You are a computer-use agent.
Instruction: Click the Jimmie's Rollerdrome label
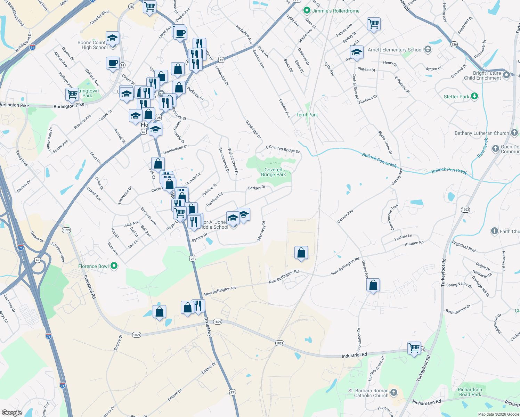click(335, 11)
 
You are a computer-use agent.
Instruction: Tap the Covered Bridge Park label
click(274, 172)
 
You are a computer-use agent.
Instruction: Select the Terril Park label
click(307, 115)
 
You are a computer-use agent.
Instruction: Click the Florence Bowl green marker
click(114, 266)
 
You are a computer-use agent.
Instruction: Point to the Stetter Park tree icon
click(474, 96)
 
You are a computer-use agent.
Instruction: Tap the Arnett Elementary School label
click(395, 50)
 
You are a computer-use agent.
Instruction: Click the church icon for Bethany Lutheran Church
click(514, 133)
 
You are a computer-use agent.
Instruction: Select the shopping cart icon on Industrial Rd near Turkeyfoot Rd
click(414, 348)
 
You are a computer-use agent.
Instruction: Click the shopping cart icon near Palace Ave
click(374, 24)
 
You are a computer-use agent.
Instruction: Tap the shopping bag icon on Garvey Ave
click(373, 285)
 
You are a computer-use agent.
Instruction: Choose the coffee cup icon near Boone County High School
click(113, 63)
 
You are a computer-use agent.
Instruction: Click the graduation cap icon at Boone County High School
click(112, 38)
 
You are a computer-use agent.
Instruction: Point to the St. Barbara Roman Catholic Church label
click(368, 393)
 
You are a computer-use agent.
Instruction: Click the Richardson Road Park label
click(470, 392)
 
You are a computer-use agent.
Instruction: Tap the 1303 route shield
click(465, 210)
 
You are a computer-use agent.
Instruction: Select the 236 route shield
click(454, 44)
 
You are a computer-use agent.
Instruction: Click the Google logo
click(11, 412)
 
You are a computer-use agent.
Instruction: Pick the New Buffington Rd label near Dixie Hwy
click(220, 291)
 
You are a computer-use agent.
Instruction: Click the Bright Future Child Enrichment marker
click(506, 75)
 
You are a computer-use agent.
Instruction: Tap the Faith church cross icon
click(494, 231)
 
